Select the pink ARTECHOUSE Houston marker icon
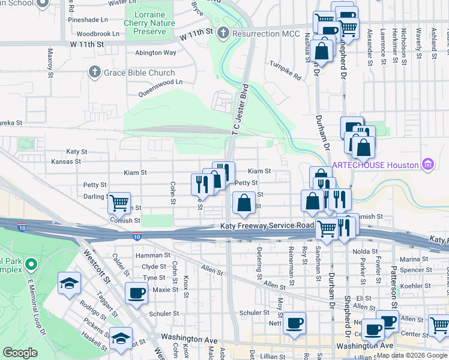point(427,164)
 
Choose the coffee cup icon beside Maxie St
point(136,293)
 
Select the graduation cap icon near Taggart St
point(70,283)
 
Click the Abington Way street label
point(155,53)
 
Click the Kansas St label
point(66,161)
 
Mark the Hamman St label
point(150,256)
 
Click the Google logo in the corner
point(20,353)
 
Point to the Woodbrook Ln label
point(98,34)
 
